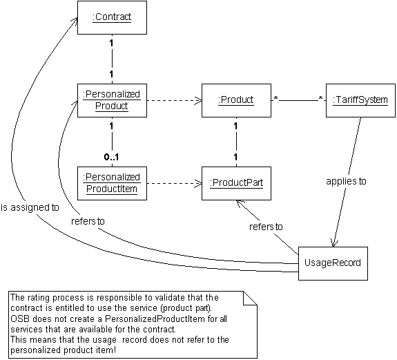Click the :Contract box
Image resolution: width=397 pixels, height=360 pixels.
click(112, 17)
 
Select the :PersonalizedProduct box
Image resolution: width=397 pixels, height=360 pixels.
click(112, 100)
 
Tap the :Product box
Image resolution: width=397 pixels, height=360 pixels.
click(236, 100)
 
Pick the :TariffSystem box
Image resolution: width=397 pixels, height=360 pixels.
click(360, 100)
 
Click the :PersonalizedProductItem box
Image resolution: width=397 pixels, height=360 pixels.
click(112, 183)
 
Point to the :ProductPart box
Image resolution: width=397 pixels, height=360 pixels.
click(236, 183)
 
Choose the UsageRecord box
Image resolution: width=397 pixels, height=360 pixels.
click(333, 263)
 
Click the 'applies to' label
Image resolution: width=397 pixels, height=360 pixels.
click(346, 182)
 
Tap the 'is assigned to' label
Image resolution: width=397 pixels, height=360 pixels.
click(30, 207)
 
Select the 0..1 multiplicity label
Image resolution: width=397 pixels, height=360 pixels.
click(111, 158)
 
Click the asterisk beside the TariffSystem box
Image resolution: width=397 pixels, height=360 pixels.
click(320, 99)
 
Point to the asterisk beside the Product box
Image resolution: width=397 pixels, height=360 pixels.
click(275, 99)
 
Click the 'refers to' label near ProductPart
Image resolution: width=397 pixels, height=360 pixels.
click(266, 227)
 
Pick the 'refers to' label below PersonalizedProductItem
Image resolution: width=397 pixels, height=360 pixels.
click(88, 221)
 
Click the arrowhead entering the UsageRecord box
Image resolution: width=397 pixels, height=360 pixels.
click(333, 244)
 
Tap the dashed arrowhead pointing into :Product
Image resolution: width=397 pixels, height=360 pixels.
click(199, 101)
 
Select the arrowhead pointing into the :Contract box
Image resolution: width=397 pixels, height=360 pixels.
click(75, 21)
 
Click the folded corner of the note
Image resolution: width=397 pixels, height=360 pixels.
click(250, 298)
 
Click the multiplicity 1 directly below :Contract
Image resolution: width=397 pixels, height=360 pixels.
click(111, 44)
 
